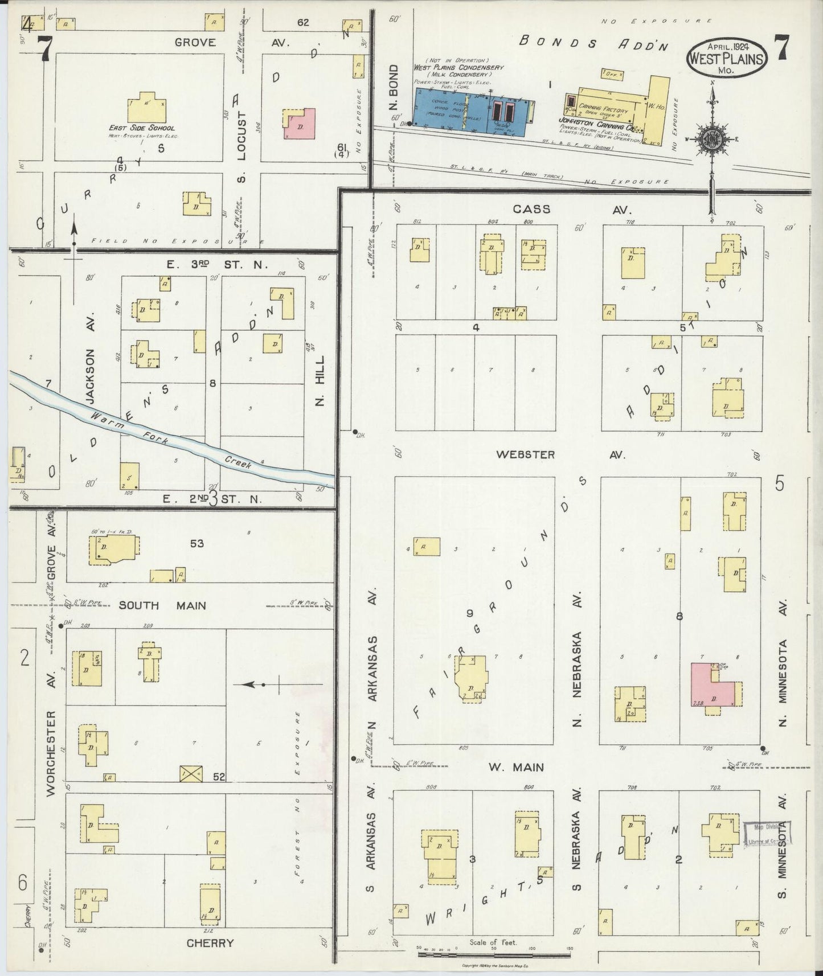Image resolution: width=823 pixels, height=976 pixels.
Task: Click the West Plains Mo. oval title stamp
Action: [727, 59]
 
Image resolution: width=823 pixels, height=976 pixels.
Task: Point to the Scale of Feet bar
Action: [494, 953]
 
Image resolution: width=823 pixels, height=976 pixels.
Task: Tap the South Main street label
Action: [162, 605]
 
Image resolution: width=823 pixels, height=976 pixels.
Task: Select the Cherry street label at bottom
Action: [210, 943]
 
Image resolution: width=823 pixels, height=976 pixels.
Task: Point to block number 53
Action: [197, 544]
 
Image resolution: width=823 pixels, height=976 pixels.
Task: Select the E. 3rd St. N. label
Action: [210, 264]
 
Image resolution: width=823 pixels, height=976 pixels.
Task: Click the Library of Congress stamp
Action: [768, 835]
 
